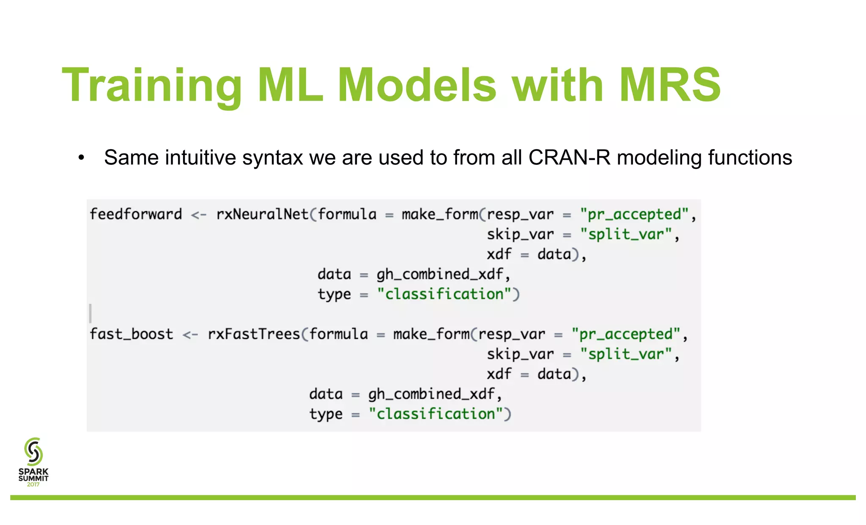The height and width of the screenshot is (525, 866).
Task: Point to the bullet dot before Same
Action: click(82, 158)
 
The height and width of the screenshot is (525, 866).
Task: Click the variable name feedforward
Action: click(136, 214)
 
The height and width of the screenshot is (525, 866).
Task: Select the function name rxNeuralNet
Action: click(262, 214)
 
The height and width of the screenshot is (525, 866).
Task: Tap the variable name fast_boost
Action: click(132, 334)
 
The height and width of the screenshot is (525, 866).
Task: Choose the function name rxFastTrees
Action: click(254, 334)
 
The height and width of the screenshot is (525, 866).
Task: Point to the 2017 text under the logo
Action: click(33, 484)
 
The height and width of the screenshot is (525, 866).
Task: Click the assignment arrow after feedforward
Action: click(199, 215)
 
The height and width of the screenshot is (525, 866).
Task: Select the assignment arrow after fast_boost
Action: click(190, 335)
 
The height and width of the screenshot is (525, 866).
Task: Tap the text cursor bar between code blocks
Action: click(90, 313)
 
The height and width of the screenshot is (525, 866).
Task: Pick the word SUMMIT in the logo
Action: click(33, 479)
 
